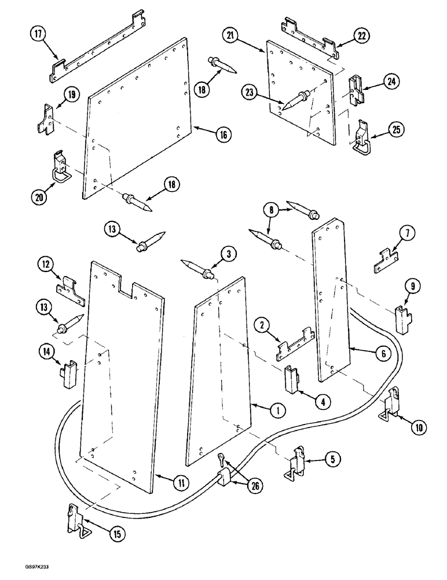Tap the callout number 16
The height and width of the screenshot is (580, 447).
click(223, 135)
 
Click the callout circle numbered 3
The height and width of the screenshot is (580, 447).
click(229, 253)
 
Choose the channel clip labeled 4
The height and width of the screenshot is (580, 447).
click(292, 379)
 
